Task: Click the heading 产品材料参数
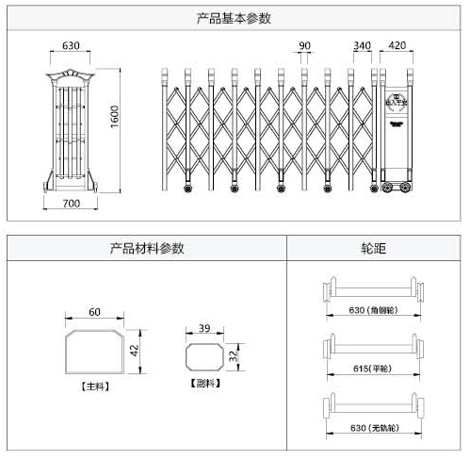pyautogui.click(x=146, y=249)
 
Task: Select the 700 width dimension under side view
pyautogui.click(x=72, y=204)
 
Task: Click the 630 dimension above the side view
pyautogui.click(x=71, y=44)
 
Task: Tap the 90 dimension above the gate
pyautogui.click(x=304, y=44)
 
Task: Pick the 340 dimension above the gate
pyautogui.click(x=362, y=44)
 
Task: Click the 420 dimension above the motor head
pyautogui.click(x=397, y=44)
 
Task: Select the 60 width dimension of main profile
pyautogui.click(x=94, y=312)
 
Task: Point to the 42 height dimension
pyautogui.click(x=134, y=350)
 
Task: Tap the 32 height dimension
pyautogui.click(x=233, y=357)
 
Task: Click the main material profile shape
pyautogui.click(x=94, y=351)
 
